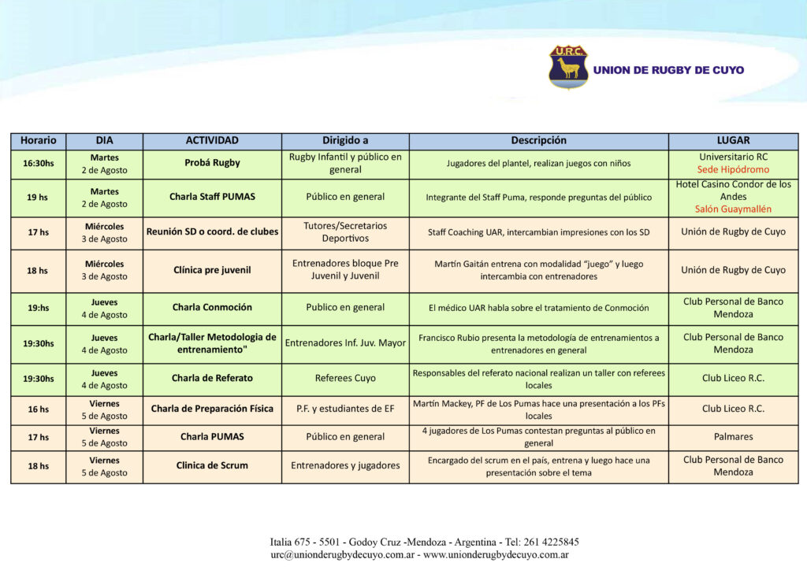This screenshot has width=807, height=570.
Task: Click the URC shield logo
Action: pos(568,67)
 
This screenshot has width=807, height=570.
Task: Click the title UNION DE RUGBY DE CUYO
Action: pos(668,70)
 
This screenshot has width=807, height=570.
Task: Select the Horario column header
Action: pos(38,141)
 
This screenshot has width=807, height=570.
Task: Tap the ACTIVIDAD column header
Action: pos(212,141)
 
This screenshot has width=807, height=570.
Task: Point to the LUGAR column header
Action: pos(733,141)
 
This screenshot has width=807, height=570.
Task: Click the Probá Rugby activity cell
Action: pos(212,164)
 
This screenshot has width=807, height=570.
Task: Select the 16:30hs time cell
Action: pos(38,164)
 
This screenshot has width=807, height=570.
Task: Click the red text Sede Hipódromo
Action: pos(733,170)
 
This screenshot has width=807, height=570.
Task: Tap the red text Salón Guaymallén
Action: pos(733,209)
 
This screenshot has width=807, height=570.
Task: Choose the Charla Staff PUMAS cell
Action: pos(212,197)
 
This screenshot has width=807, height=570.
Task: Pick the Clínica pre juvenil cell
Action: pos(212,270)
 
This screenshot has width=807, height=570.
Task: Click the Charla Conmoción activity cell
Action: pos(212,308)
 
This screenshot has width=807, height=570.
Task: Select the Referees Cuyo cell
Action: pos(345,379)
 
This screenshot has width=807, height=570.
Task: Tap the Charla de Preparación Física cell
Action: pos(212,409)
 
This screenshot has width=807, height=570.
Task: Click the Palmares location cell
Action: pos(733,436)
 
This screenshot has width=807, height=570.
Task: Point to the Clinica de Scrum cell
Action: pos(212,465)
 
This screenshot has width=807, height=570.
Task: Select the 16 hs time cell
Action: pos(38,409)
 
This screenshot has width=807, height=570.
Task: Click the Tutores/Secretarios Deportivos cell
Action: pos(345,232)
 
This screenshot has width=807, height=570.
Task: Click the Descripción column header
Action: pos(538,141)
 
